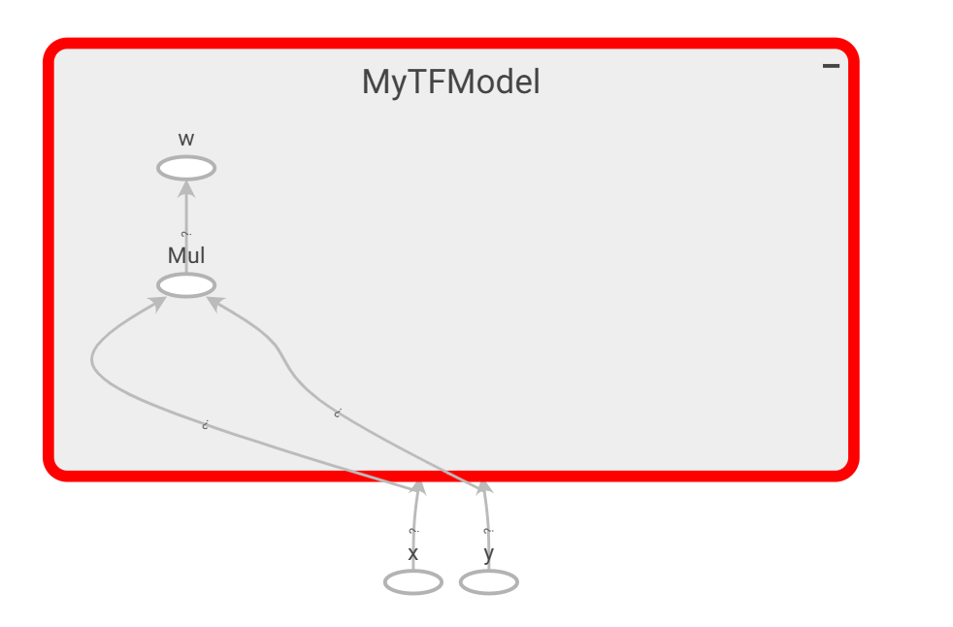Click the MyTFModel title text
[450, 82]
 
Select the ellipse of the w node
[186, 168]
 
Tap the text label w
[186, 139]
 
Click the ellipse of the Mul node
[186, 285]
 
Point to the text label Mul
[186, 256]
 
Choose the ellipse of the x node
[413, 582]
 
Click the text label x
[413, 554]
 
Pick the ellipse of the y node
[489, 582]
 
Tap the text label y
[489, 554]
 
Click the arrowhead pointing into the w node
[186, 186]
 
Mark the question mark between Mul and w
[186, 234]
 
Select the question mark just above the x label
[413, 531]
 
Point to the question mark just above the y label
[488, 531]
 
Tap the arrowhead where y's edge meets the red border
[483, 487]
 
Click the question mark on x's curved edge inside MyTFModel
[206, 425]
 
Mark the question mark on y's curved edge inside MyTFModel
[337, 413]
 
